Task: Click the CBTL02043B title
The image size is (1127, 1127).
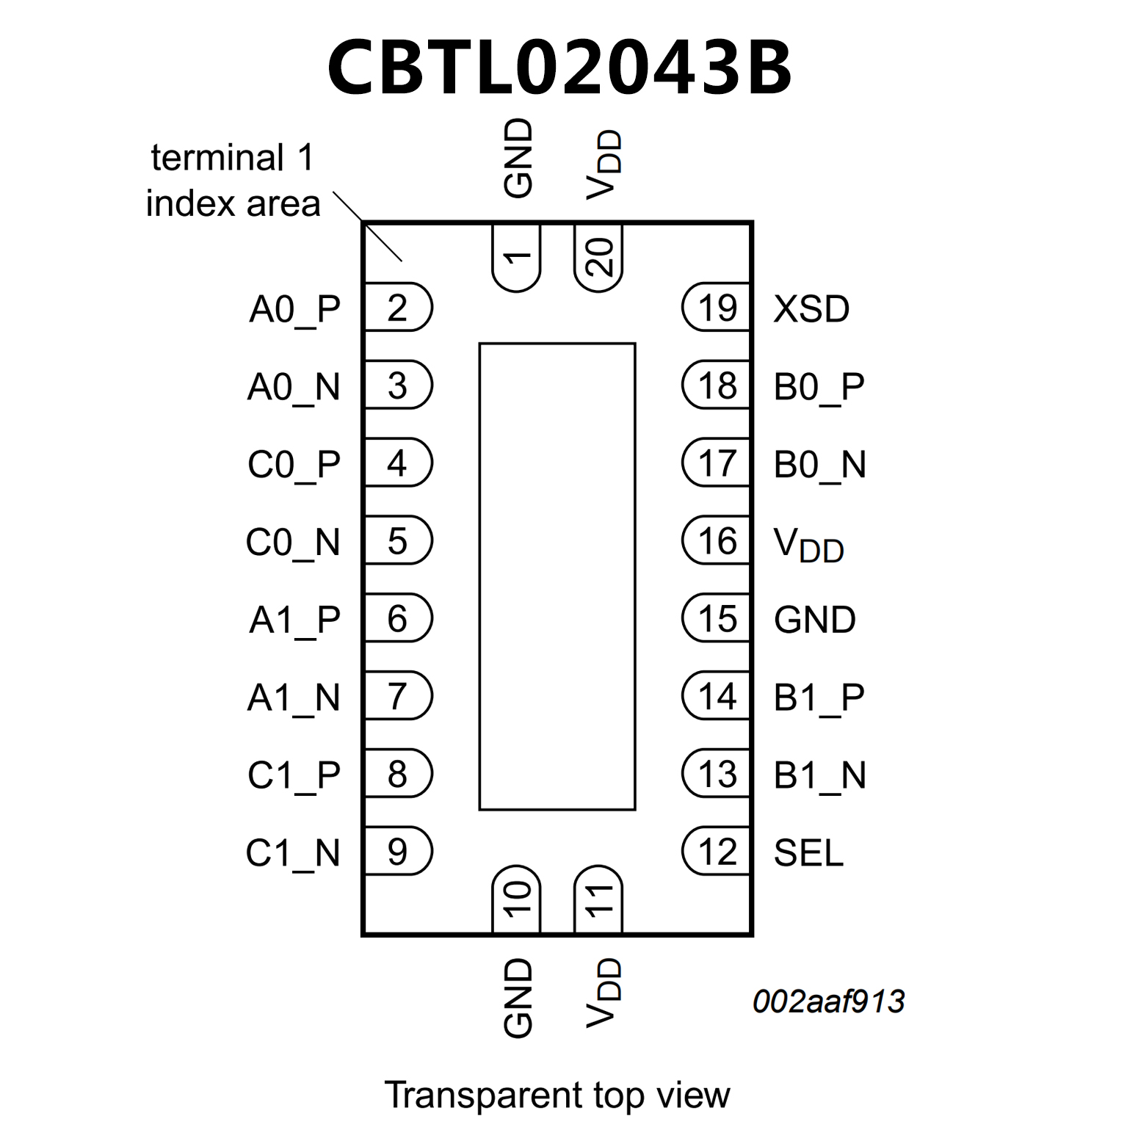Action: [559, 67]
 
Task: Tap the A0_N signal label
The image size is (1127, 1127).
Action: [294, 387]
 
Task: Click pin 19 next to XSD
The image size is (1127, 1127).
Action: [717, 308]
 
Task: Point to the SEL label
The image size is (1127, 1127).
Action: [808, 852]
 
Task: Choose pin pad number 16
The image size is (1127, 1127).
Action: [717, 541]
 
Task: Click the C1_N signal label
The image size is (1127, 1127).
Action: [293, 853]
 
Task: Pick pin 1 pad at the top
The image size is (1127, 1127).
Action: [517, 258]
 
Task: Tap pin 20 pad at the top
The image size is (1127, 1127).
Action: [598, 258]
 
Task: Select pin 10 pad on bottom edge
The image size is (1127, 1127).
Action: [517, 899]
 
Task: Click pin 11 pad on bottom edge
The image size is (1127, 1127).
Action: [598, 899]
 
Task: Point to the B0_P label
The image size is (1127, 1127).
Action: [819, 387]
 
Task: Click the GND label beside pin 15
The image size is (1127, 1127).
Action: [814, 620]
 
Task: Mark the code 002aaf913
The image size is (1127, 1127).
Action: [828, 1001]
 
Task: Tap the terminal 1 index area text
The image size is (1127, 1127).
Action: [233, 181]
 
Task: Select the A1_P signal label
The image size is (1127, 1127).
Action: [294, 620]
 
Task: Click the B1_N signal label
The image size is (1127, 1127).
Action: [819, 775]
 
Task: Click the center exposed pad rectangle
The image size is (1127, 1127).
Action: [557, 576]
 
